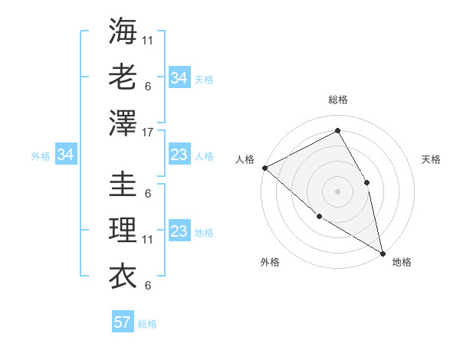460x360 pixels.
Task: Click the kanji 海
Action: click(123, 33)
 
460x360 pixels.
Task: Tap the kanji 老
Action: click(123, 77)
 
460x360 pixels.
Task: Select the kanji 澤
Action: click(123, 122)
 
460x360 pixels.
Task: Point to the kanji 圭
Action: click(123, 185)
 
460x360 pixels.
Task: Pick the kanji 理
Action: click(123, 231)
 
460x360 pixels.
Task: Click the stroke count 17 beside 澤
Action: click(149, 132)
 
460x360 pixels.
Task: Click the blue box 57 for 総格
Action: click(123, 322)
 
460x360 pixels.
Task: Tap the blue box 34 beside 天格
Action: click(179, 78)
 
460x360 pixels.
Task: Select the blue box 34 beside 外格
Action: click(66, 155)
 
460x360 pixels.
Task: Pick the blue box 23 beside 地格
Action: click(179, 232)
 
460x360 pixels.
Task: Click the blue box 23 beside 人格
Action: click(179, 155)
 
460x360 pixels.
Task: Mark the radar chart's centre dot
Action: click(337, 191)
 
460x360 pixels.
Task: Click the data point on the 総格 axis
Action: click(337, 131)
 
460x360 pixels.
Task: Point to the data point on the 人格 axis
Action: click(264, 167)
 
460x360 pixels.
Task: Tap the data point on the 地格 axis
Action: click(382, 252)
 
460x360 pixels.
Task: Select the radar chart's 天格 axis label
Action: click(432, 159)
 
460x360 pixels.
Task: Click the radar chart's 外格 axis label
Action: click(270, 262)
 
